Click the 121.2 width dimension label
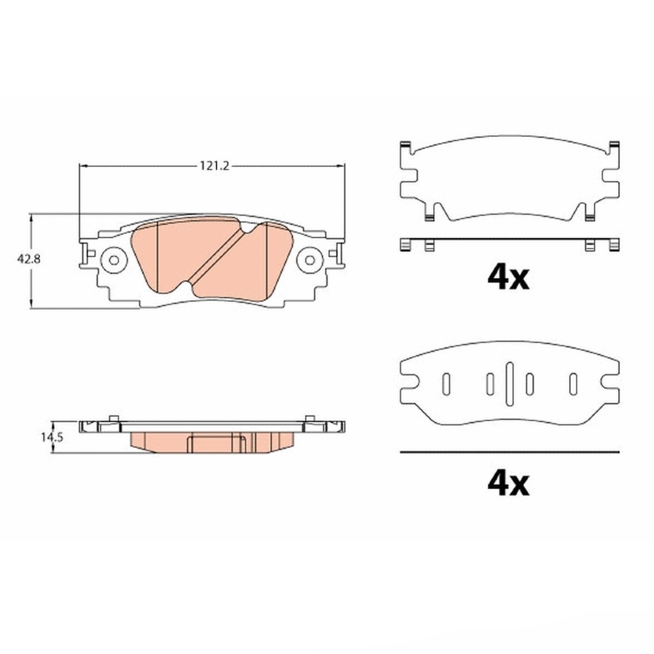(215, 166)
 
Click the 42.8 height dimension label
(29, 259)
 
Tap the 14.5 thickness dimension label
(52, 438)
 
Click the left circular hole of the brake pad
(113, 260)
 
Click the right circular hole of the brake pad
(309, 260)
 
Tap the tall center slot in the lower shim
(509, 384)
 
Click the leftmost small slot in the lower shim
(446, 384)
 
